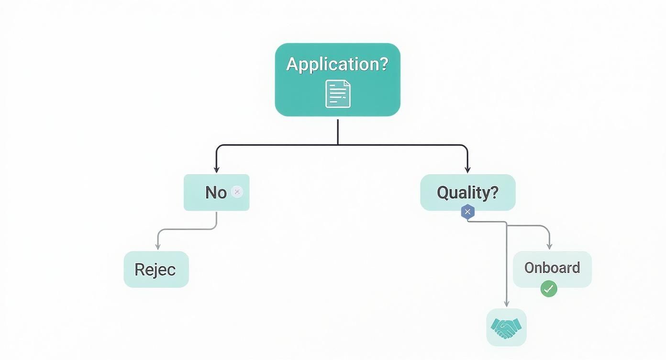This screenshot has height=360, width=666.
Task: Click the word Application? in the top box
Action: click(x=337, y=64)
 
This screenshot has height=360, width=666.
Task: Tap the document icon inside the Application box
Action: click(x=338, y=94)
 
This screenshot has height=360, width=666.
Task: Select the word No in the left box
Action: click(x=216, y=192)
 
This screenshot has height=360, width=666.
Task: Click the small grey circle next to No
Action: click(x=237, y=192)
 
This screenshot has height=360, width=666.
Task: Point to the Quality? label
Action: click(x=467, y=192)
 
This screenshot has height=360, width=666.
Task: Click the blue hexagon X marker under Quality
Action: click(x=467, y=212)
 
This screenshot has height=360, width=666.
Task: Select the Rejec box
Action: click(x=156, y=269)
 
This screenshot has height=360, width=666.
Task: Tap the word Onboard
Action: click(x=552, y=268)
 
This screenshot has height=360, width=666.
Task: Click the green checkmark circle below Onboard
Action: click(x=548, y=289)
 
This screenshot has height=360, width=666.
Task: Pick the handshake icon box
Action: click(x=506, y=327)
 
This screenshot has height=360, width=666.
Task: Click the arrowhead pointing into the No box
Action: click(x=216, y=169)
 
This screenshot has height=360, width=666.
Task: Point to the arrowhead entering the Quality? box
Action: click(x=467, y=169)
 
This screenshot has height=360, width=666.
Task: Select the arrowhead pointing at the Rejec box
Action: click(x=157, y=246)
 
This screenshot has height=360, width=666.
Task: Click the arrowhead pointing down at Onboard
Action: click(x=549, y=246)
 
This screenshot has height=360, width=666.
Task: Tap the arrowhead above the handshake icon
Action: click(x=506, y=304)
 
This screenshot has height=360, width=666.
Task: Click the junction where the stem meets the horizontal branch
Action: click(x=338, y=144)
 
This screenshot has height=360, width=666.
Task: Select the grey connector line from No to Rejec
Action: click(x=191, y=229)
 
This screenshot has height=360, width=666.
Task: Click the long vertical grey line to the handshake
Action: click(x=506, y=263)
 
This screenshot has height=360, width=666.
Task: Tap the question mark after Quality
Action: click(x=494, y=192)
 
